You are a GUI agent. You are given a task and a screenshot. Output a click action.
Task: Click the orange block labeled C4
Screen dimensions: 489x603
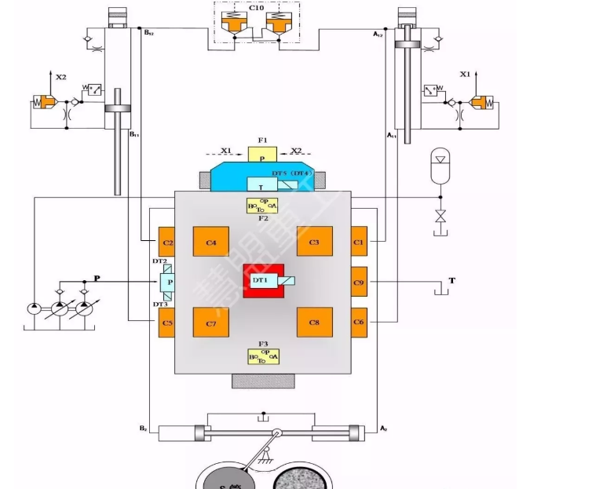click(210, 241)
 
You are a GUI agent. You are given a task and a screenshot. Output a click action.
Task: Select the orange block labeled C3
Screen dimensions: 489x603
click(314, 241)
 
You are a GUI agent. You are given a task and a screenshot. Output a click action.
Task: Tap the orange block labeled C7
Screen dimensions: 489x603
click(210, 323)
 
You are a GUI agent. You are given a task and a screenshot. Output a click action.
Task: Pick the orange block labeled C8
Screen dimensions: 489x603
click(314, 323)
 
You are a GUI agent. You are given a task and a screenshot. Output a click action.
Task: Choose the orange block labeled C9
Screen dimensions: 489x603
click(359, 281)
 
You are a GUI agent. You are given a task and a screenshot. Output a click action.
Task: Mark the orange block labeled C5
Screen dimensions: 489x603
click(166, 323)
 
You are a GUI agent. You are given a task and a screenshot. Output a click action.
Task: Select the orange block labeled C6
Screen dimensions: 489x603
click(359, 323)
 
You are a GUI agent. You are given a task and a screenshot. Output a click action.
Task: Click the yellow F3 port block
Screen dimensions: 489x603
click(264, 356)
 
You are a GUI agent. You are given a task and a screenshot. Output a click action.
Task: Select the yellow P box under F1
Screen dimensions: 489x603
click(263, 158)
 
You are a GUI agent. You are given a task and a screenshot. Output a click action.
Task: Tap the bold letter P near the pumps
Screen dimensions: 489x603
click(97, 278)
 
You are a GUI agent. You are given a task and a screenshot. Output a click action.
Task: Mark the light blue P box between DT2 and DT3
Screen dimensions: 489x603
click(168, 282)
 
